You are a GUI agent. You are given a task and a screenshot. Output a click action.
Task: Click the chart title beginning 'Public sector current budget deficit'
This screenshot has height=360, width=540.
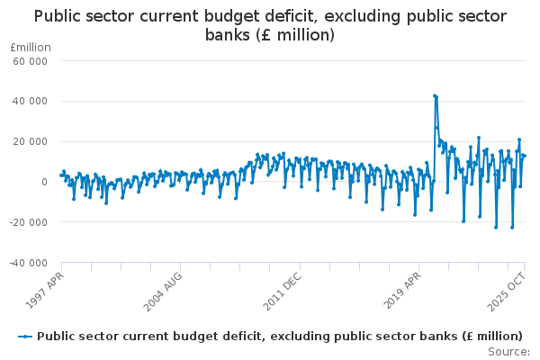tap(270, 16)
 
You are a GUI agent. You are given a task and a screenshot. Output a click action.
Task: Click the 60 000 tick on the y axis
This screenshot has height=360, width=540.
tap(31, 60)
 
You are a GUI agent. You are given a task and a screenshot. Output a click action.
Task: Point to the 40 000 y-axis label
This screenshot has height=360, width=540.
tap(31, 101)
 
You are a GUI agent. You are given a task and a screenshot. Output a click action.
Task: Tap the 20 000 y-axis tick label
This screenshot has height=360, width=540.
tap(31, 141)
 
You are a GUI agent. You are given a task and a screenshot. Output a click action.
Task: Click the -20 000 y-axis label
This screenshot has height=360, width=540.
tap(29, 222)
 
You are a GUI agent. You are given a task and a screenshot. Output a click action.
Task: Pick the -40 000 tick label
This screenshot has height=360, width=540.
tap(29, 263)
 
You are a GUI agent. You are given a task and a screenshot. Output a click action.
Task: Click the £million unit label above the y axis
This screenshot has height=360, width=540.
tap(30, 47)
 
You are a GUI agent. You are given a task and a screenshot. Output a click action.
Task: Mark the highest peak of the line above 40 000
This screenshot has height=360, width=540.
tap(434, 94)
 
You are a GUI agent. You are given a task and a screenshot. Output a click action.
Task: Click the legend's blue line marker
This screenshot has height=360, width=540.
tap(24, 336)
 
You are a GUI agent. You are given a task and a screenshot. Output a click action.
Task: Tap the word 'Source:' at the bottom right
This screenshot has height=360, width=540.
tap(509, 351)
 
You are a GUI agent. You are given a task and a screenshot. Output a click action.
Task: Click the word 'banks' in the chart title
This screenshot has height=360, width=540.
tap(229, 35)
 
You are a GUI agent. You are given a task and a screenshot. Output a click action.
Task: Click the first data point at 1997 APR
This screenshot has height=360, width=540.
tap(60, 175)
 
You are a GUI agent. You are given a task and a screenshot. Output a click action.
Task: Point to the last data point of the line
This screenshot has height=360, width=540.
tap(525, 156)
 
